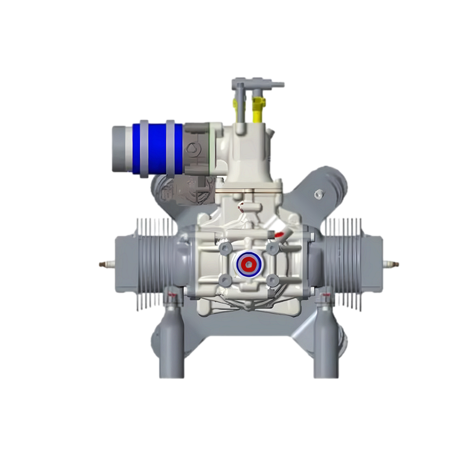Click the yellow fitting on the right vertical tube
tap(258, 110)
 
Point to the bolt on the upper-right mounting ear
tap(318, 194)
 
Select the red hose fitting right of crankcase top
tap(279, 235)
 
